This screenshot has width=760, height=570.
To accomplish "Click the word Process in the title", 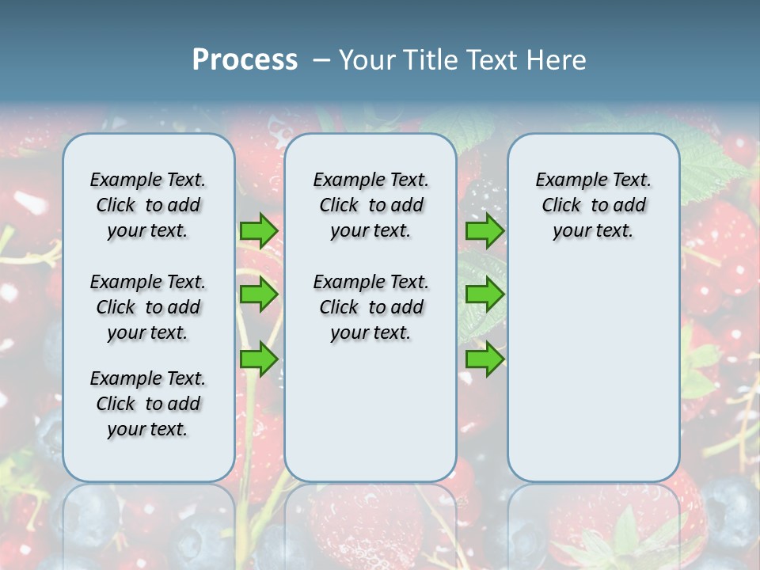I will pyautogui.click(x=245, y=60).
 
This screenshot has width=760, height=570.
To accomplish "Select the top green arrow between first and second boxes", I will pyautogui.click(x=259, y=231).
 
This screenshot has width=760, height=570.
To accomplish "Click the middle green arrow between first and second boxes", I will pyautogui.click(x=259, y=294).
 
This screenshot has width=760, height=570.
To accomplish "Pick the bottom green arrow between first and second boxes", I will pyautogui.click(x=259, y=359).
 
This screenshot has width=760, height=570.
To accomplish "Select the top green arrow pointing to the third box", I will pyautogui.click(x=484, y=231).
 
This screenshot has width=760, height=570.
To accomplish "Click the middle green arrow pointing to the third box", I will pyautogui.click(x=484, y=294).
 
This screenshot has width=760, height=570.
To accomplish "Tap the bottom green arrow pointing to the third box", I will pyautogui.click(x=484, y=359).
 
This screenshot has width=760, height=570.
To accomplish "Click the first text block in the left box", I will pyautogui.click(x=148, y=205).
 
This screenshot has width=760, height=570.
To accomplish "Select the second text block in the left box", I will pyautogui.click(x=148, y=307).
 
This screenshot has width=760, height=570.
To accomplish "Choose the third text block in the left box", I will pyautogui.click(x=148, y=404).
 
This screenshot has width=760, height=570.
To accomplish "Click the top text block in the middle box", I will pyautogui.click(x=370, y=205).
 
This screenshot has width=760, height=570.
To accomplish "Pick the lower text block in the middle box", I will pyautogui.click(x=370, y=307).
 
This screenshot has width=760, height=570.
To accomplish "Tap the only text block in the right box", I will pyautogui.click(x=593, y=205).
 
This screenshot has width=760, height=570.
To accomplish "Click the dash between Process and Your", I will pyautogui.click(x=321, y=60).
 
